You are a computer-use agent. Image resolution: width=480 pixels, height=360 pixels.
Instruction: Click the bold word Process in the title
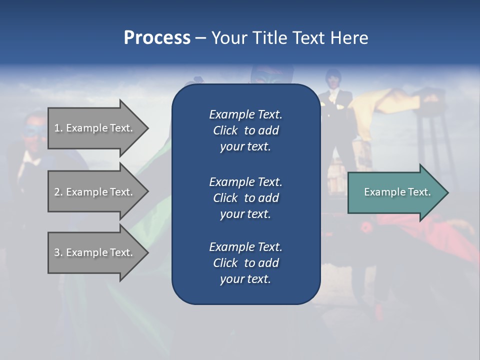pyautogui.click(x=157, y=37)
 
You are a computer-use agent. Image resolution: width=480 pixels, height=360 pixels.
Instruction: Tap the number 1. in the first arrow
pyautogui.click(x=58, y=128)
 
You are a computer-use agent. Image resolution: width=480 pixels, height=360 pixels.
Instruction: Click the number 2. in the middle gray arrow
pyautogui.click(x=58, y=192)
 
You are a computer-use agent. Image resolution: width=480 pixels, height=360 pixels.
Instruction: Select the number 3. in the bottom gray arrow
pyautogui.click(x=58, y=252)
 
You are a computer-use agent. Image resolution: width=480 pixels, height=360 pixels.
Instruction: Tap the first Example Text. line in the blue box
pyautogui.click(x=245, y=114)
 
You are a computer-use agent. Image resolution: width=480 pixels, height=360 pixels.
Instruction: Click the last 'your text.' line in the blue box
pyautogui.click(x=245, y=279)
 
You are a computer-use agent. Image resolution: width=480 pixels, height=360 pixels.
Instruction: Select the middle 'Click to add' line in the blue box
pyautogui.click(x=245, y=198)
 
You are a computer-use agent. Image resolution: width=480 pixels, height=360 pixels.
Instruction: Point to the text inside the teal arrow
pyautogui.click(x=397, y=192)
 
